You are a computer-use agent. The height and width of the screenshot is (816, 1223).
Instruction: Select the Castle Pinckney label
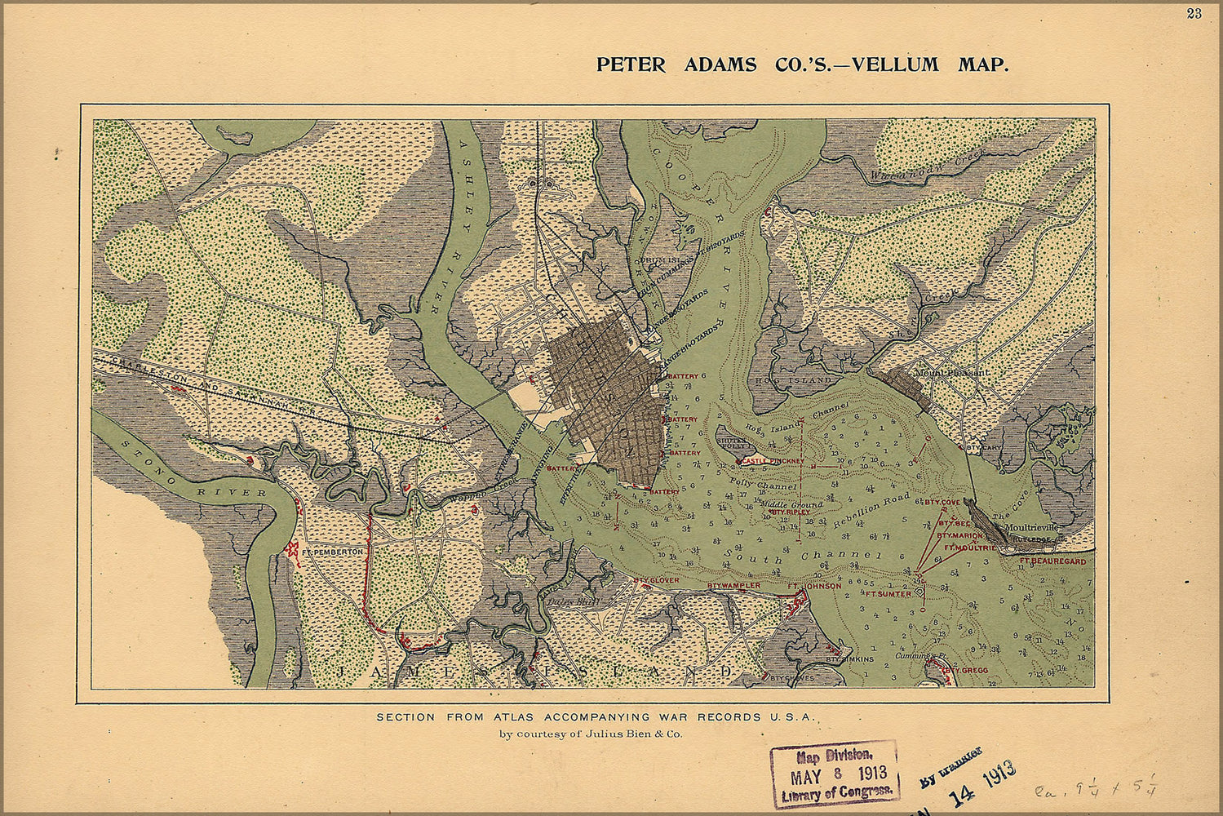(x=773, y=461)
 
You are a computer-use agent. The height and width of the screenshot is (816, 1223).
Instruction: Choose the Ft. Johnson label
(x=813, y=586)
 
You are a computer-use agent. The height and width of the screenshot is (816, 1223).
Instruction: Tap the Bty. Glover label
(x=656, y=580)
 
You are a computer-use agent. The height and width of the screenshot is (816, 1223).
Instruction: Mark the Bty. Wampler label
(x=733, y=586)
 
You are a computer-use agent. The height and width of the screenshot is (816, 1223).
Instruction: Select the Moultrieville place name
(x=1031, y=528)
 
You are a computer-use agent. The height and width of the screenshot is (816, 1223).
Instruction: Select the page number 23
(x=1194, y=13)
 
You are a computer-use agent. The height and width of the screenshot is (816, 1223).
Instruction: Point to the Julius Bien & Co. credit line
(x=591, y=734)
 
